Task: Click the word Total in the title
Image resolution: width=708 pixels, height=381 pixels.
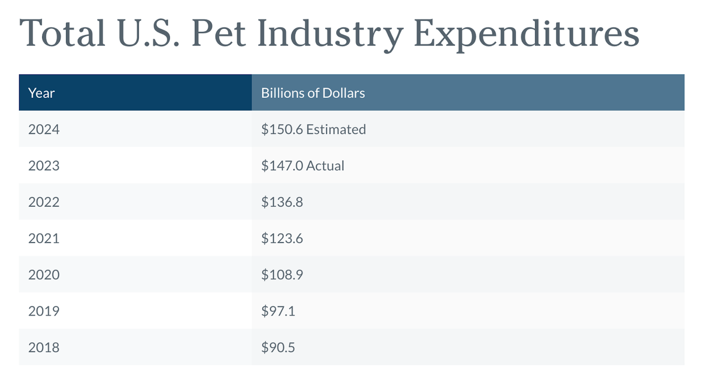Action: coord(63,33)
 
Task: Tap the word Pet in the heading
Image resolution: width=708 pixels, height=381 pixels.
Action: coord(215,33)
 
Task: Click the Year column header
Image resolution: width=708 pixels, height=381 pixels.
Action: coord(41,93)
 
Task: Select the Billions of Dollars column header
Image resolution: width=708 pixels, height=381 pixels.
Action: coord(313,93)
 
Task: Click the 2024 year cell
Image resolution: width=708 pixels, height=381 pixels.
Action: coord(44,129)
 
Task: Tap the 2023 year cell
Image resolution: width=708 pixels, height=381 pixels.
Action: coord(44,166)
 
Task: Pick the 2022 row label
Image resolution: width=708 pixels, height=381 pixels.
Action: coord(44,202)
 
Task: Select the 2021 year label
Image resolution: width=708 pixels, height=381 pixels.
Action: coord(44,238)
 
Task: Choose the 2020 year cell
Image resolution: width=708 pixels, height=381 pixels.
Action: coord(44,275)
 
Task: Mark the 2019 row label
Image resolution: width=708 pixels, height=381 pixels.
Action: coord(44,311)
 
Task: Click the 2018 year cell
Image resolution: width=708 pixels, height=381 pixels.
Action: coord(44,348)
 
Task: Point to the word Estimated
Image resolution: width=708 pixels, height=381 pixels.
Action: coord(336,129)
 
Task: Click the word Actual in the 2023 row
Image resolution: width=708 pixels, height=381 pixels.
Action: coord(325,166)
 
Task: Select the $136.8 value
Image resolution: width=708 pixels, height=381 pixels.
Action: coord(282,202)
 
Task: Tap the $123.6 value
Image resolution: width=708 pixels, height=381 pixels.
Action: coord(282,238)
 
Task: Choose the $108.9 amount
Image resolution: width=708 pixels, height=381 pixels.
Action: coord(282,275)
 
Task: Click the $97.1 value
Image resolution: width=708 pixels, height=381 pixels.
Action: coord(278,311)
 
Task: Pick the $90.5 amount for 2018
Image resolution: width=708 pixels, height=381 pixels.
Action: coord(278,348)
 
